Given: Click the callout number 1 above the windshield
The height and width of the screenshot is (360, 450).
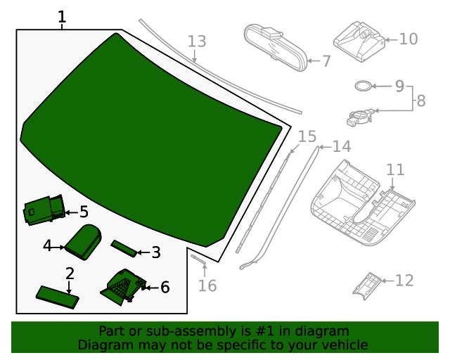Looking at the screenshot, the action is click(62, 17).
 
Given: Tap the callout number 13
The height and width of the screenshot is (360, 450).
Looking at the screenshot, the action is click(197, 41).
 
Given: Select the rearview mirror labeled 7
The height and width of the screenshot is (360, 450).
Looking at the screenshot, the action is click(276, 47).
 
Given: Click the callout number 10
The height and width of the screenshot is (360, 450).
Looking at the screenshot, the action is click(409, 39).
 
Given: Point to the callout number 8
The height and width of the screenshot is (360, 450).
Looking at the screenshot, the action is click(420, 101).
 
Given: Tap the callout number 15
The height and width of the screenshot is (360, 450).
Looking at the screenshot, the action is click(307, 136).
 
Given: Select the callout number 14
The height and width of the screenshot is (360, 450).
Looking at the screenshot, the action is click(342, 146).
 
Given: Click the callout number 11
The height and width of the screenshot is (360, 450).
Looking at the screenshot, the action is click(395, 169).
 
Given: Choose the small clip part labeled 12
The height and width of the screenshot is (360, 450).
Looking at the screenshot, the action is click(367, 286).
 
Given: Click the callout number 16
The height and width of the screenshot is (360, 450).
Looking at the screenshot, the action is click(207, 285).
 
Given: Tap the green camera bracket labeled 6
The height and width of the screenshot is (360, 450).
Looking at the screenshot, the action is click(124, 287).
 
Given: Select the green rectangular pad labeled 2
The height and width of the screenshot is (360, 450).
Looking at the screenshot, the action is click(58, 297).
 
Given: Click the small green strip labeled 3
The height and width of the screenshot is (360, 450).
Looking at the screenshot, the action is click(124, 249).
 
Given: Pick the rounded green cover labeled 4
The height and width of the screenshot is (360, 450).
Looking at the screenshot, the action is click(83, 242).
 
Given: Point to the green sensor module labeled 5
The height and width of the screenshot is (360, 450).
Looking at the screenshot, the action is click(44, 210).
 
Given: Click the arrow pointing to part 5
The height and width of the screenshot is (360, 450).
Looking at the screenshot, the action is click(72, 212).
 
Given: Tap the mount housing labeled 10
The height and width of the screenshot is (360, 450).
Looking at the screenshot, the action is click(359, 41).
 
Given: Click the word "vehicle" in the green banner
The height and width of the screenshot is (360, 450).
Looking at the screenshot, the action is click(347, 345).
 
